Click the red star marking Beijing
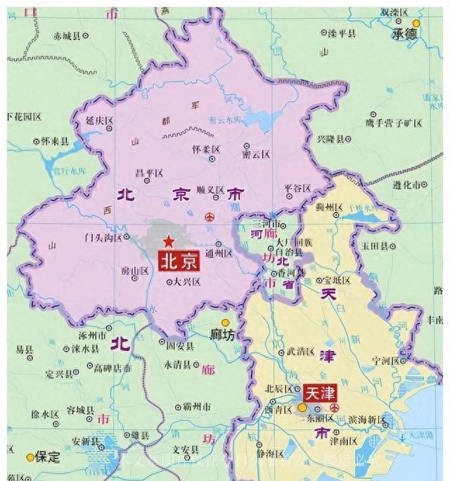(x=169, y=242)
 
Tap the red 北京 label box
(x=179, y=262)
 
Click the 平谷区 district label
(x=297, y=188)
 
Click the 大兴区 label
(x=187, y=281)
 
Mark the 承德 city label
(x=405, y=34)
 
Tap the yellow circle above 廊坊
(x=225, y=323)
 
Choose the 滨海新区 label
(x=366, y=419)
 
